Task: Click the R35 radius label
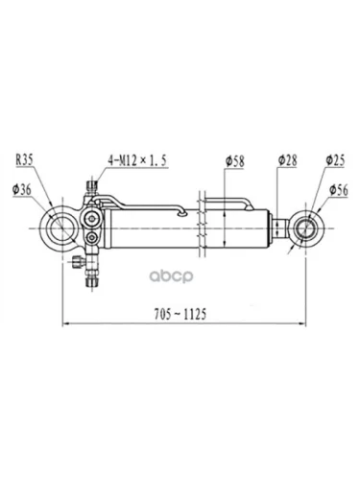(25, 160)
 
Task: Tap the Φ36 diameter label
(22, 190)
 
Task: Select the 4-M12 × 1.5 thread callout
(137, 160)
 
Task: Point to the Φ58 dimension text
(234, 161)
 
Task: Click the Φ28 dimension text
(288, 160)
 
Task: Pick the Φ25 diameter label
(336, 160)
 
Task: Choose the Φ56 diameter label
(339, 190)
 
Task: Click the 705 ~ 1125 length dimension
(180, 314)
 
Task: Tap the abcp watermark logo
(172, 276)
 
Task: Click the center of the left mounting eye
(61, 228)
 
